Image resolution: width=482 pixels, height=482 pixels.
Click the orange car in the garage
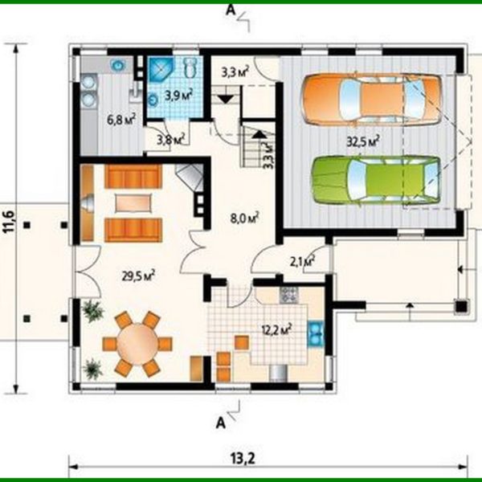371,97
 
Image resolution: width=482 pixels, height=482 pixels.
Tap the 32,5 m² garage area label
363,140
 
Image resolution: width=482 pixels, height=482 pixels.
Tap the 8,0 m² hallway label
242,217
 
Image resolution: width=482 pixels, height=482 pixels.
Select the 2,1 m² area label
301,260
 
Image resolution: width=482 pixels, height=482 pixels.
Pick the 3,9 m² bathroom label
178,95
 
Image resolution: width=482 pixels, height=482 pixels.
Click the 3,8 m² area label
170,139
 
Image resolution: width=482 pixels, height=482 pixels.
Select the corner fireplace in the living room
190,177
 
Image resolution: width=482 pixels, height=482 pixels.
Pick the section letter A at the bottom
219,419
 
